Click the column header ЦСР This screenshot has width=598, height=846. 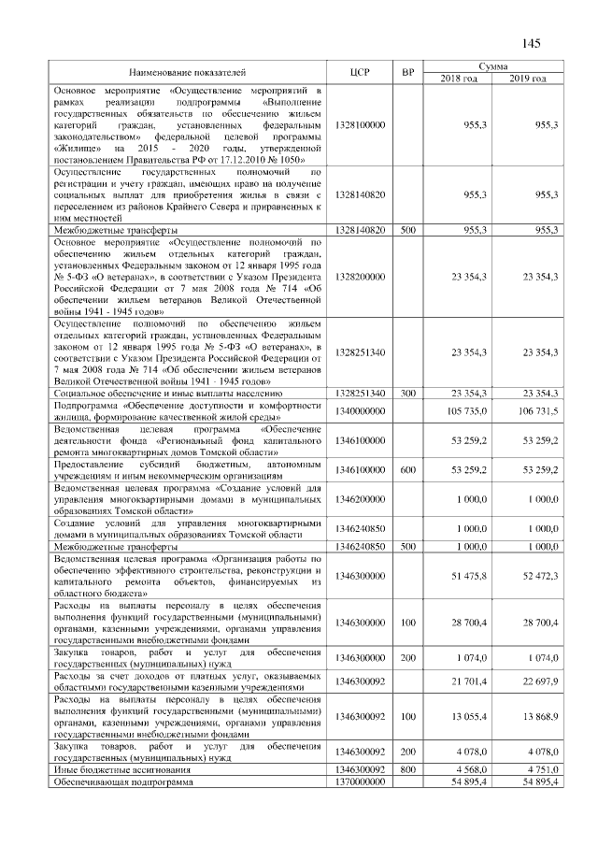360,72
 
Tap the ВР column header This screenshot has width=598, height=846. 407,72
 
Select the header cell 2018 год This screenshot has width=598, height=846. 458,78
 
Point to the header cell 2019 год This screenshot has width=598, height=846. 527,78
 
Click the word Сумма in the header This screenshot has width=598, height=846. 492,66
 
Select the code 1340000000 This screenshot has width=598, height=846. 360,410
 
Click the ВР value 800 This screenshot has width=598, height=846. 407,769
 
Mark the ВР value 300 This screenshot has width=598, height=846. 407,394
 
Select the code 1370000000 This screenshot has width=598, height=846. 360,781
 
